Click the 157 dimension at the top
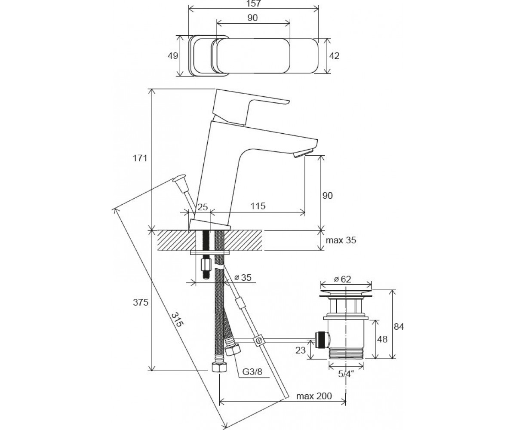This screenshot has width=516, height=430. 254,3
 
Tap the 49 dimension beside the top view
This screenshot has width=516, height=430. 173,56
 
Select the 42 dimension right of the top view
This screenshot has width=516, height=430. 335,56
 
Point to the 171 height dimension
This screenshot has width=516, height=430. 140,158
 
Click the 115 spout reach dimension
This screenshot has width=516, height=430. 258,206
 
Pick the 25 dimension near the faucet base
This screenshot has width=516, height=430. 203,207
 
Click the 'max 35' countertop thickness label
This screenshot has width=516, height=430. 341,240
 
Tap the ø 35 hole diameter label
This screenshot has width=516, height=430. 243,277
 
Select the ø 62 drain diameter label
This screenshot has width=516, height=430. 342,279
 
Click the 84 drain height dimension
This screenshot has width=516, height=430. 399,327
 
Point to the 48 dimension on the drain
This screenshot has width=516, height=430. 382,339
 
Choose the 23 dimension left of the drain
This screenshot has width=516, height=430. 301,350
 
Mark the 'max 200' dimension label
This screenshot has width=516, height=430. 314,396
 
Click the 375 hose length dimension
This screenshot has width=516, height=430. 141,302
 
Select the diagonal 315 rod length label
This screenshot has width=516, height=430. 177,319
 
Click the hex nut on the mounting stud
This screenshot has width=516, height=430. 206,265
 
